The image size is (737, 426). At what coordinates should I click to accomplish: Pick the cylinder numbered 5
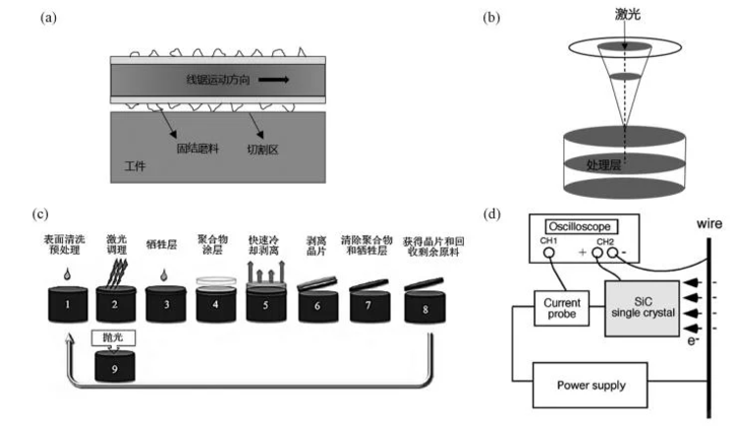pos(266,302)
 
